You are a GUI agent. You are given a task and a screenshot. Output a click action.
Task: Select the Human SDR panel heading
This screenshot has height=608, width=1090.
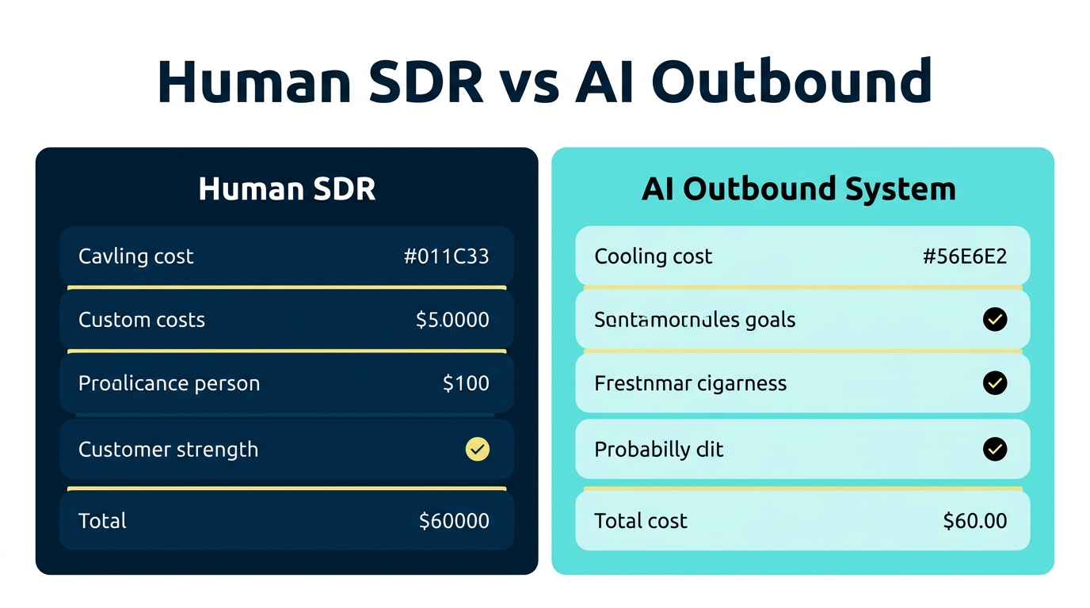pyautogui.click(x=287, y=189)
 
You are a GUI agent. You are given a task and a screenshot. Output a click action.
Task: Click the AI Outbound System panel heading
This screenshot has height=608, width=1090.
pyautogui.click(x=798, y=189)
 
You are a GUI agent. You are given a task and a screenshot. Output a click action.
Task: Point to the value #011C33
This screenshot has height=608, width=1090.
pyautogui.click(x=446, y=256)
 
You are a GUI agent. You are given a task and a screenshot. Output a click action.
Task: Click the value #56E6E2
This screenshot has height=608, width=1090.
pyautogui.click(x=965, y=256)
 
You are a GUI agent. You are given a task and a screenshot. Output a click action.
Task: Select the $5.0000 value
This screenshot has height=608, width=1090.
pyautogui.click(x=452, y=320)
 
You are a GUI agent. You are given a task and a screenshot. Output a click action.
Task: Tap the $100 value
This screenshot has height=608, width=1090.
pyautogui.click(x=466, y=383)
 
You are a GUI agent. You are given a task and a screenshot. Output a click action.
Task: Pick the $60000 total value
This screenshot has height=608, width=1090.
pyautogui.click(x=454, y=521)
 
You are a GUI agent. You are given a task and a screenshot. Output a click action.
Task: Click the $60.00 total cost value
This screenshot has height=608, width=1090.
pyautogui.click(x=975, y=521)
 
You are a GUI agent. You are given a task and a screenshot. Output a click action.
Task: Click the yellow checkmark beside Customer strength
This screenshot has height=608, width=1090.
pyautogui.click(x=477, y=450)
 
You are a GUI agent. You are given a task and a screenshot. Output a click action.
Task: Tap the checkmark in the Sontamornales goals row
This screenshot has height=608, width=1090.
pyautogui.click(x=994, y=320)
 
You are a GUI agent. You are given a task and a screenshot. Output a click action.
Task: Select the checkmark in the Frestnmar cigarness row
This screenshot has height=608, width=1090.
pyautogui.click(x=994, y=383)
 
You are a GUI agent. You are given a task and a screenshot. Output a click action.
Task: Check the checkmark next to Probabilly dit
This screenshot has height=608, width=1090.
pyautogui.click(x=994, y=450)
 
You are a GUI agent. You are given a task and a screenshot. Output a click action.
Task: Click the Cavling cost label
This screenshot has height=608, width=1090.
pyautogui.click(x=135, y=256)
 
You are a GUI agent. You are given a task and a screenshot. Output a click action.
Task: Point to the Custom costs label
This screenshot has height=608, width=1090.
pyautogui.click(x=141, y=320)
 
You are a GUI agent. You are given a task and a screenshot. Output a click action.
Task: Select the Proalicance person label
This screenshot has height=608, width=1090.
pyautogui.click(x=169, y=383)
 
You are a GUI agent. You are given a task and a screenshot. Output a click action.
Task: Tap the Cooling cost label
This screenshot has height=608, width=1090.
pyautogui.click(x=653, y=256)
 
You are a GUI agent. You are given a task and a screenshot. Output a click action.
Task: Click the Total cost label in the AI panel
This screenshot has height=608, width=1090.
pyautogui.click(x=640, y=521)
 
